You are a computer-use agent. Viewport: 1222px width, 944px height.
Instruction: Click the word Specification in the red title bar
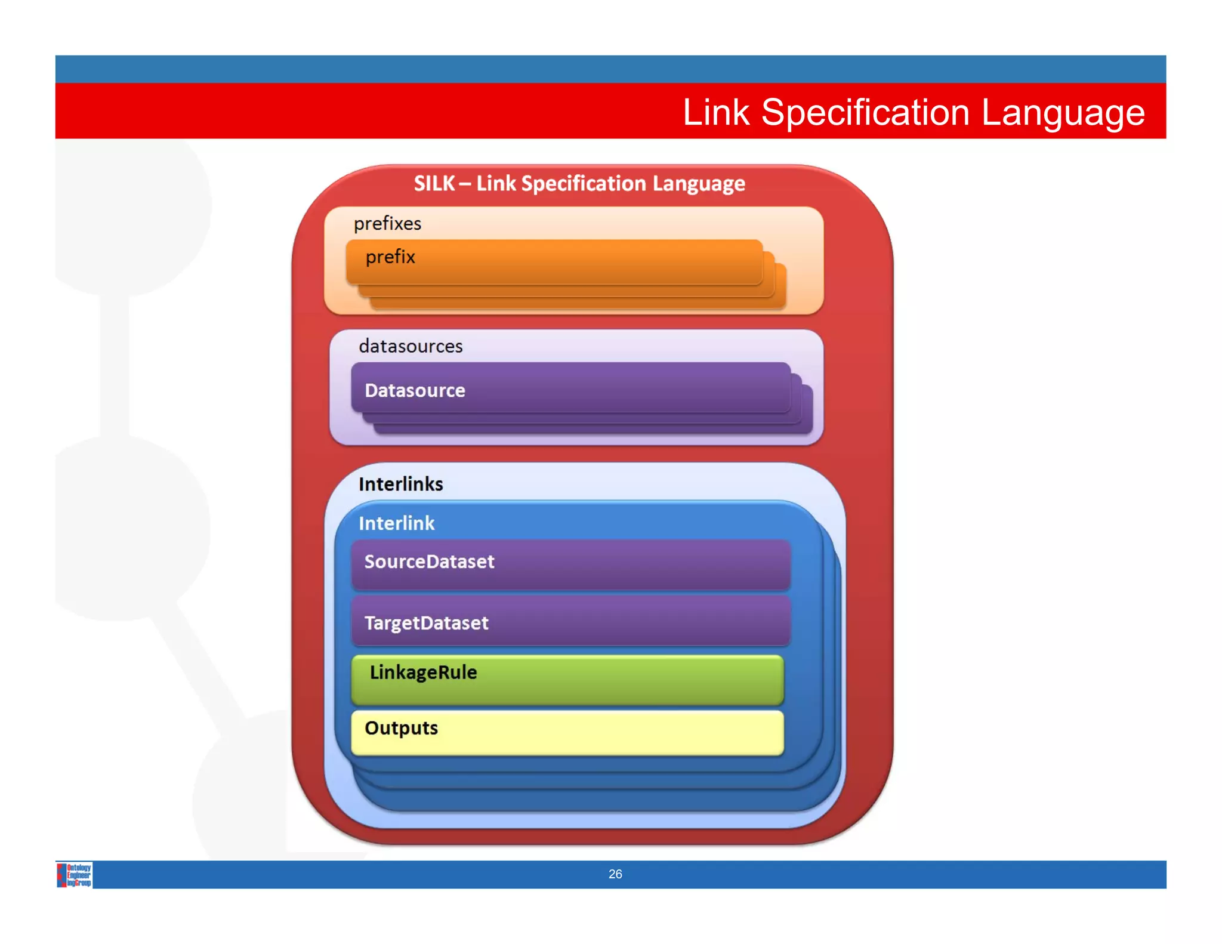[x=865, y=113]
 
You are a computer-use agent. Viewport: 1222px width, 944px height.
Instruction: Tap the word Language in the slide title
[x=1063, y=113]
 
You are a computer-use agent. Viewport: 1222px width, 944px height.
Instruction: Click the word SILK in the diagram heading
[x=434, y=183]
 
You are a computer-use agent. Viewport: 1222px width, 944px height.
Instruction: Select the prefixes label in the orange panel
[x=387, y=223]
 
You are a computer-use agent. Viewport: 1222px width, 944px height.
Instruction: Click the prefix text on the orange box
[x=390, y=257]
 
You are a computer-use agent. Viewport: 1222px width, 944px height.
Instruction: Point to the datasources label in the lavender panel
[x=411, y=346]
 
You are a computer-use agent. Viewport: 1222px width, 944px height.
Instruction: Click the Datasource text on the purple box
[x=415, y=390]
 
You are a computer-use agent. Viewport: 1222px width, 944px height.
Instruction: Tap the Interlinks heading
[x=400, y=484]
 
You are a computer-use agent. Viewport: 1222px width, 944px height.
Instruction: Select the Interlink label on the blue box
[x=396, y=523]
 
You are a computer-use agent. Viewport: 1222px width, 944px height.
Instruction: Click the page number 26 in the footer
[x=615, y=874]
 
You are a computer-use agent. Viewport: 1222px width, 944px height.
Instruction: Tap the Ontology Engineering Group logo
[x=75, y=875]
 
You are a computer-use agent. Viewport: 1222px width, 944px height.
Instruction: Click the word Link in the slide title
[x=715, y=113]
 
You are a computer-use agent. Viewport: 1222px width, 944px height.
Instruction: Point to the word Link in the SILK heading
[x=496, y=183]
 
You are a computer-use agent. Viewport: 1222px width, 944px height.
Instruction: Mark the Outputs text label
[x=401, y=728]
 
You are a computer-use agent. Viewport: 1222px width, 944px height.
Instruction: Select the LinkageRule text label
[x=423, y=672]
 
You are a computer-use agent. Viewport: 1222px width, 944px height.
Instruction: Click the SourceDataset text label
[x=429, y=562]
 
